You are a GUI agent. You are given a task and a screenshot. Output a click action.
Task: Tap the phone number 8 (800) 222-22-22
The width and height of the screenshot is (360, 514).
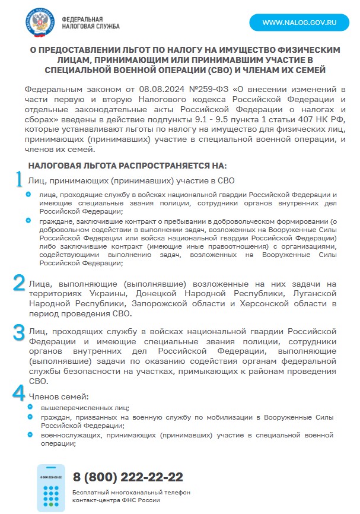tap(128, 477)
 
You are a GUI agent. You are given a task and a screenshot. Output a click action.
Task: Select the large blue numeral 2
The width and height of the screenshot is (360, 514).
tap(20, 283)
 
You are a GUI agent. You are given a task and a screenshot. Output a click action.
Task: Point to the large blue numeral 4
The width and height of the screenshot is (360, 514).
tap(20, 393)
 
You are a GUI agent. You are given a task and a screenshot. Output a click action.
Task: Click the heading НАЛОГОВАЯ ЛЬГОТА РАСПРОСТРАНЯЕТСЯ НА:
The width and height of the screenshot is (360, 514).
tap(128, 166)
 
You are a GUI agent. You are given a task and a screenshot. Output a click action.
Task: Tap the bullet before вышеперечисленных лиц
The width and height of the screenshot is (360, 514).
tap(29, 407)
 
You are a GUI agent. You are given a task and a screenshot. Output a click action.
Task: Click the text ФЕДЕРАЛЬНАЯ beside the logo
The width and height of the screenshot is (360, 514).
tap(82, 19)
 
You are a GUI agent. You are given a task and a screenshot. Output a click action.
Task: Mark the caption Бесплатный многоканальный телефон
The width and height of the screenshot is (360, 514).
tap(131, 493)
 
